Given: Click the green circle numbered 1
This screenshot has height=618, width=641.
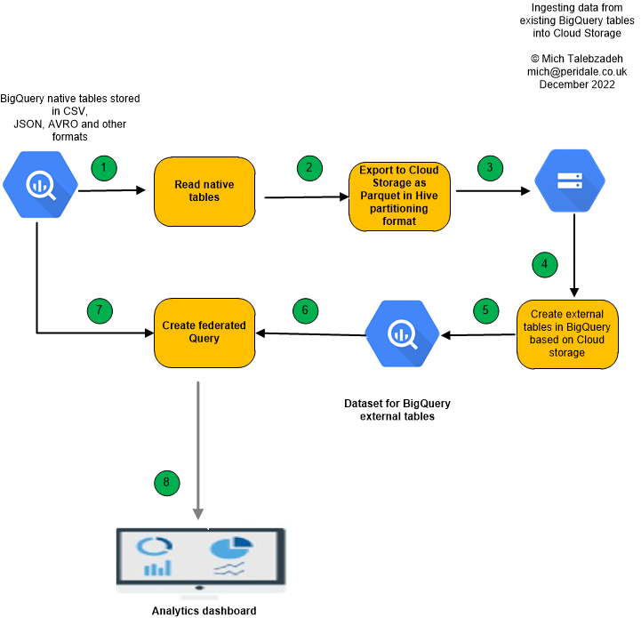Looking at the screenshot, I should click(x=105, y=167).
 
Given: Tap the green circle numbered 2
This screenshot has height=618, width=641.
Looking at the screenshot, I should click(x=309, y=167).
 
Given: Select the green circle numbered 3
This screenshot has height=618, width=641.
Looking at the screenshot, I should click(x=489, y=167).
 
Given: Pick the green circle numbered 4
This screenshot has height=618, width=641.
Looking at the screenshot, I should click(x=544, y=264).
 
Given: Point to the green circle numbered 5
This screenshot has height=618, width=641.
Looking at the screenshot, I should click(x=485, y=310).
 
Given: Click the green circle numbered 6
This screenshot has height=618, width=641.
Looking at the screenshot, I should click(x=305, y=309).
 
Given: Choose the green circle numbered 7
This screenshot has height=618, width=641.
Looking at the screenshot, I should click(x=100, y=309).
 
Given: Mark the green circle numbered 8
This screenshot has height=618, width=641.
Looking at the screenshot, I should click(x=166, y=483).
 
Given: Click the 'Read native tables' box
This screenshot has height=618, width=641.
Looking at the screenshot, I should click(x=204, y=190).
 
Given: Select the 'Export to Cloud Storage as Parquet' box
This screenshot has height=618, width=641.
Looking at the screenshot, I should click(x=400, y=195).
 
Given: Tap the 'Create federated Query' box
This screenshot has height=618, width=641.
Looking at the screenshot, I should click(x=204, y=333).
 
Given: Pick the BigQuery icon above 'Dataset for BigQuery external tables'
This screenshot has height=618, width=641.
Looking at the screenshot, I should click(x=403, y=335).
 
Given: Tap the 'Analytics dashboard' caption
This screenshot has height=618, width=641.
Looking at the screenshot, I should click(x=204, y=611).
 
